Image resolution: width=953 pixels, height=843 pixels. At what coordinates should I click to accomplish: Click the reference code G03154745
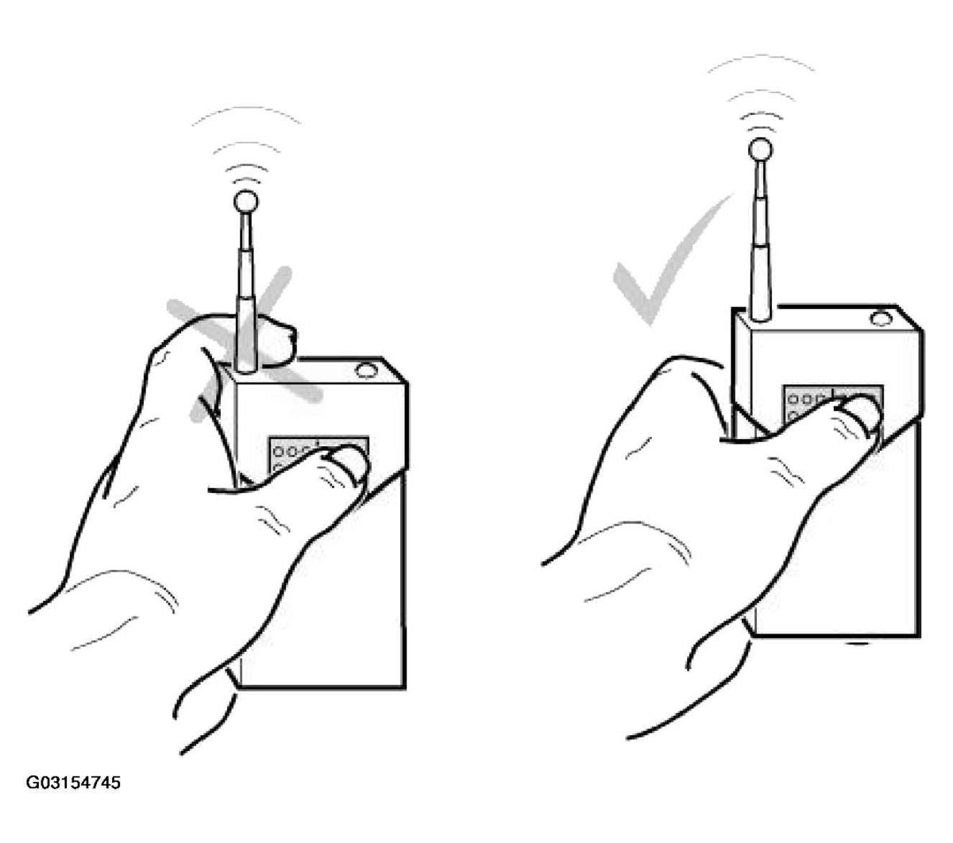(73, 783)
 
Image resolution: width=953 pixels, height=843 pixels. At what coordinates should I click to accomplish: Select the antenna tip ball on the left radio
(246, 202)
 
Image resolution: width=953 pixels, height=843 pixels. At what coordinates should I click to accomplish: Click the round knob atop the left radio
(365, 371)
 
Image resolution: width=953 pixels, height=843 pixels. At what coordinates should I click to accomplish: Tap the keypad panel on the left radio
(318, 458)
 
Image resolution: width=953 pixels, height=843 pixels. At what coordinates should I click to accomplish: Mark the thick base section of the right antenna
(760, 283)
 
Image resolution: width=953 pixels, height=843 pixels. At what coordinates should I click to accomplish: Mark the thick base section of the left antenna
(246, 334)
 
